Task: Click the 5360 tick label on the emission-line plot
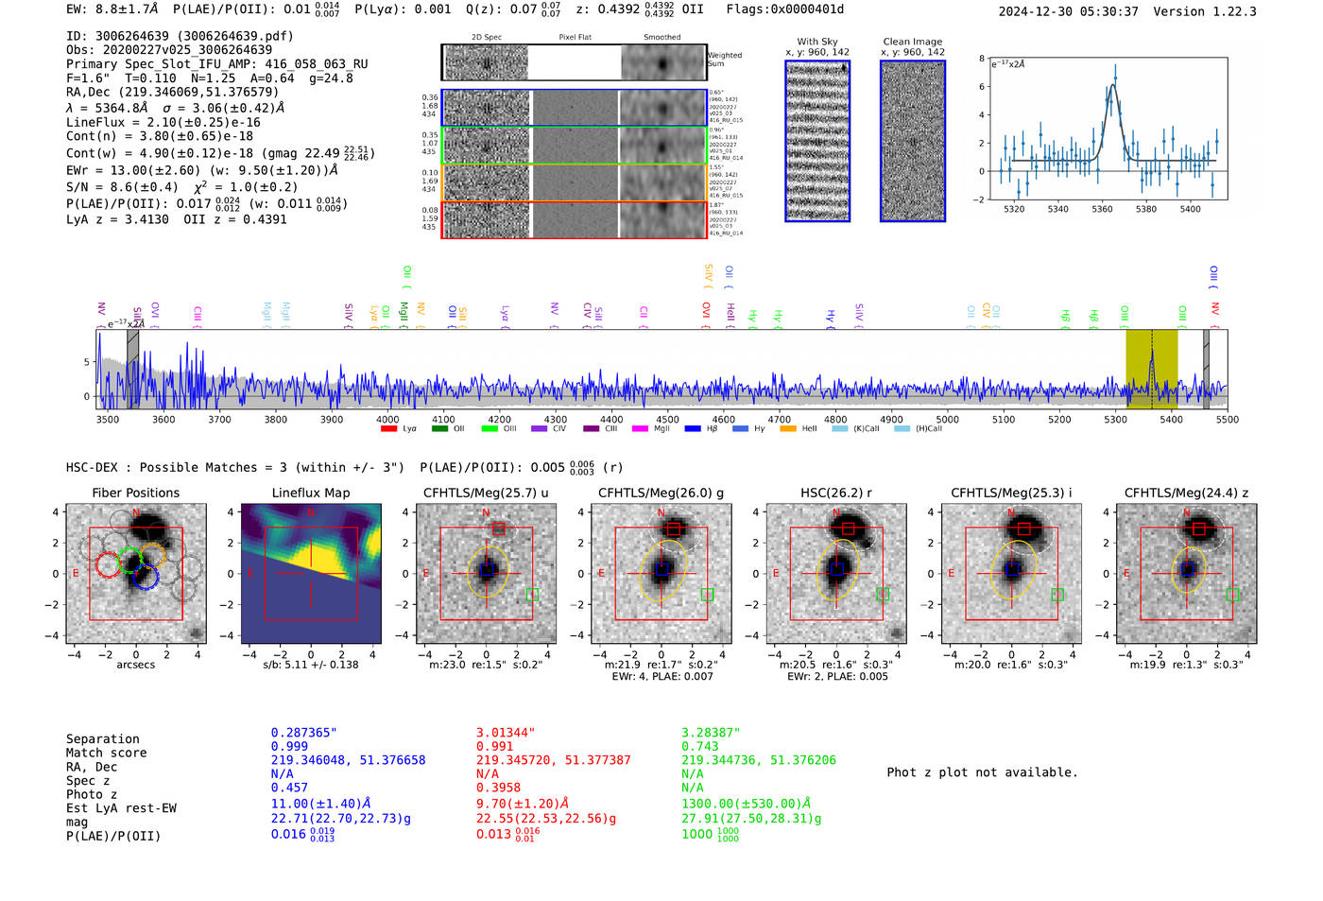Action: (1102, 209)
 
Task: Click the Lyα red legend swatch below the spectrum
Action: (387, 429)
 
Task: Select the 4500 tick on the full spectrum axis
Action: (667, 420)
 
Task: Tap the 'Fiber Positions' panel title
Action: (135, 493)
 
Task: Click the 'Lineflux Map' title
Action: (311, 493)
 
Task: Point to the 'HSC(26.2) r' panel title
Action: (836, 493)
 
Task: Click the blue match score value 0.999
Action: (289, 747)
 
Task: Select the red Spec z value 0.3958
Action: (498, 788)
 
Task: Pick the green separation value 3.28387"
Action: (711, 733)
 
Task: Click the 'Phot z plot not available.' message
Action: (982, 772)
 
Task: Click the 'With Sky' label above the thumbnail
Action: (817, 42)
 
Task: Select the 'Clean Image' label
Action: (913, 42)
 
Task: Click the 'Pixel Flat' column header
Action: (575, 38)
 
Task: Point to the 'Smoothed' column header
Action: (661, 38)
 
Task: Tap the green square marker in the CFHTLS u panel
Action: (532, 595)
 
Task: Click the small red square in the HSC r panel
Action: (848, 528)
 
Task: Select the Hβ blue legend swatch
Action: (692, 429)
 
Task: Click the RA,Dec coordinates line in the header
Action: (172, 93)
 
